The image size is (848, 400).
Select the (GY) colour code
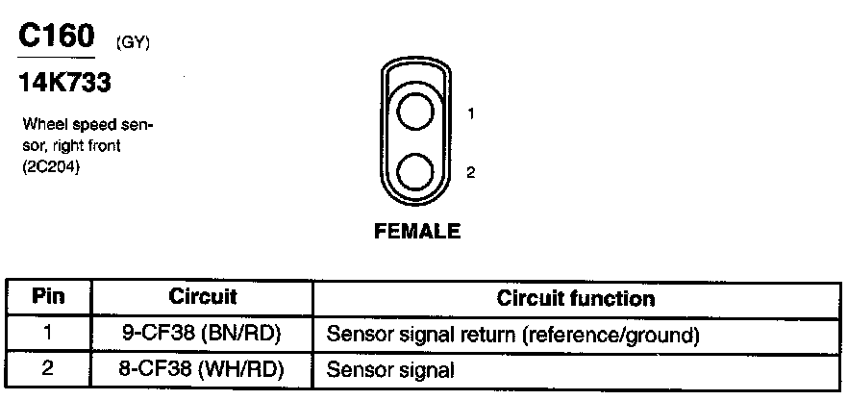(x=132, y=43)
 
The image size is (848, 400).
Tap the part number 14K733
(x=65, y=84)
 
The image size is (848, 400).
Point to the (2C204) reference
(x=47, y=164)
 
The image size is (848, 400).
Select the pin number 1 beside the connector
(x=471, y=113)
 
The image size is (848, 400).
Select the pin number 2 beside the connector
(x=471, y=173)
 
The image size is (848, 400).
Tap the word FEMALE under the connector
(x=417, y=231)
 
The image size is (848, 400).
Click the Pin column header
(x=48, y=297)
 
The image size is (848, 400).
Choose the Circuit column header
(x=202, y=297)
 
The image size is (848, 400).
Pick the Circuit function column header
(x=576, y=298)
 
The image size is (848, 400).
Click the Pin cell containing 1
(x=48, y=335)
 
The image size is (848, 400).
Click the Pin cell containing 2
(x=48, y=367)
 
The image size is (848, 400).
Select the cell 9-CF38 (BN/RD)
(x=202, y=335)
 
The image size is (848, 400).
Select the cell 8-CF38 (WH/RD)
(x=202, y=367)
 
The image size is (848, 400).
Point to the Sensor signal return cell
(x=511, y=336)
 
